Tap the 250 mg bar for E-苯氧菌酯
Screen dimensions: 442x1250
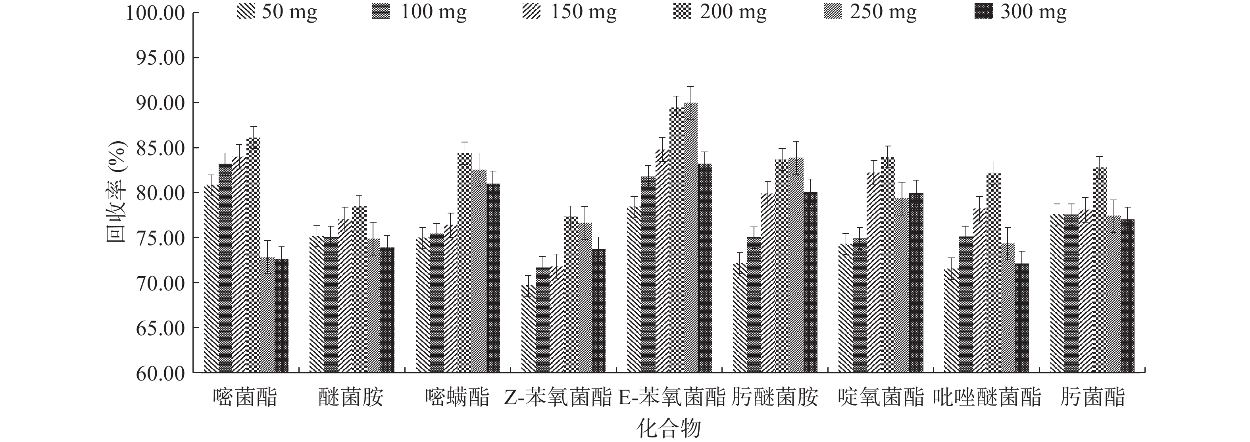pos(690,238)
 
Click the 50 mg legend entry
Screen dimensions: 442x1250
pos(277,12)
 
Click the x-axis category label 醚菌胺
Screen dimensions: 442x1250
pos(351,398)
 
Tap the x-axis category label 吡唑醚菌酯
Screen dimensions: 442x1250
pos(987,398)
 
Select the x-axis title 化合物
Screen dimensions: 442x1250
pos(669,429)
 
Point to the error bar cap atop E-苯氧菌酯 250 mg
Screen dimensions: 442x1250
pos(690,87)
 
